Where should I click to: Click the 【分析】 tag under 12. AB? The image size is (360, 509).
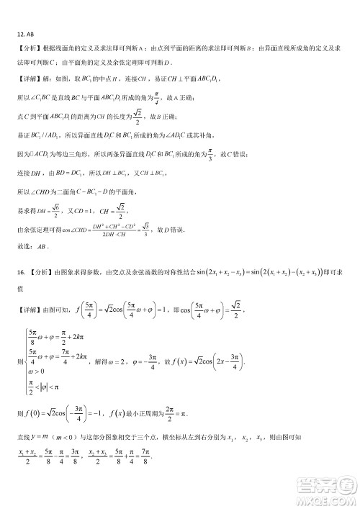pyautogui.click(x=27, y=48)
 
